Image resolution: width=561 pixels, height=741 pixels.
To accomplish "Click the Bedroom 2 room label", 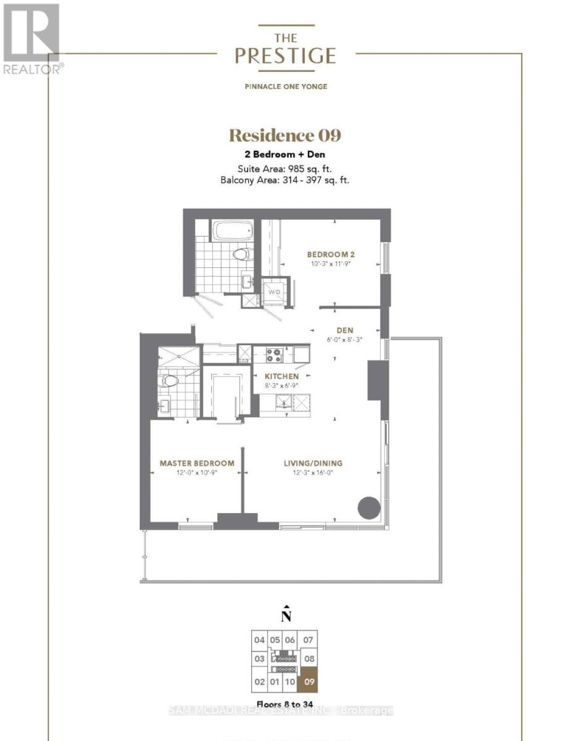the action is click(330, 254).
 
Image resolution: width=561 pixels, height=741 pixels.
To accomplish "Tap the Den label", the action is click(344, 330).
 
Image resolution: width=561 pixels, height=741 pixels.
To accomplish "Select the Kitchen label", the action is click(281, 376).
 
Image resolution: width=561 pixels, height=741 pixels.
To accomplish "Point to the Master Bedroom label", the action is click(197, 463).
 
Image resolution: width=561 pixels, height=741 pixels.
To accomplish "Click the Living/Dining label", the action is click(313, 463).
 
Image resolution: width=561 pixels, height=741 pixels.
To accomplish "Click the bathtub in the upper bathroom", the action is click(232, 230).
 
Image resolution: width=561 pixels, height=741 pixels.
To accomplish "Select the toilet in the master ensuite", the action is click(168, 380).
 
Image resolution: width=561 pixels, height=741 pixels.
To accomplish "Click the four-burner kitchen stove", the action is click(273, 354).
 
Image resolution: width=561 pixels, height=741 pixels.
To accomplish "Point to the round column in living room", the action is click(368, 508).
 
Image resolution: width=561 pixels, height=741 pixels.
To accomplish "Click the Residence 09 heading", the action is click(285, 135).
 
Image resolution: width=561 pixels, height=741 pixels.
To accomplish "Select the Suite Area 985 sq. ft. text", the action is click(285, 168).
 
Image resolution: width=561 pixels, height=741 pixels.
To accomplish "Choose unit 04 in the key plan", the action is click(259, 640).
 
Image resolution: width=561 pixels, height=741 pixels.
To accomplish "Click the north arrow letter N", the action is click(286, 616).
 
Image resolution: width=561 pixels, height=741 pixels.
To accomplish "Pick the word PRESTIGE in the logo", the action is click(285, 56).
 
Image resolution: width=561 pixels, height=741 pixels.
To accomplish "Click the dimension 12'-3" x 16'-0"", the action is click(313, 472).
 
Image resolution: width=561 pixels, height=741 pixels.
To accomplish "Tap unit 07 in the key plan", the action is click(308, 640).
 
